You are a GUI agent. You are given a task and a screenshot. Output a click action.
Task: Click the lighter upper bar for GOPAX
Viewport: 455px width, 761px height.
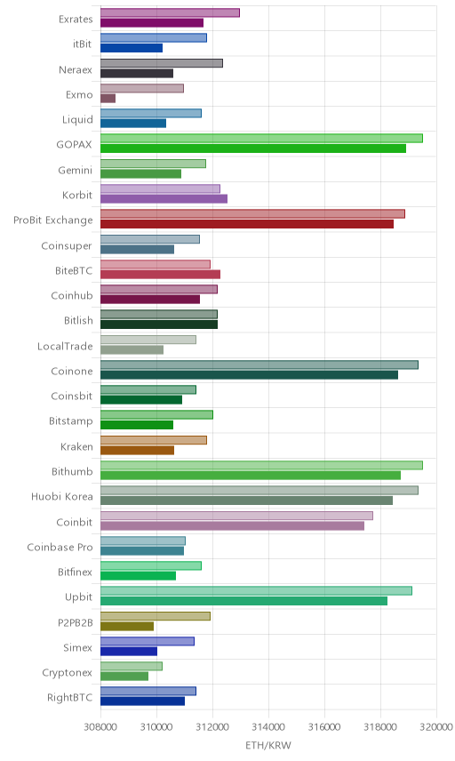(261, 139)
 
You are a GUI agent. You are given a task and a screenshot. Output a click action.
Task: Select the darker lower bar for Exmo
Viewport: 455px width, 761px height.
(108, 99)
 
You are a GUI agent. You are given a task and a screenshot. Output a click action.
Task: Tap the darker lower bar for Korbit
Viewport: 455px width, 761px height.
(164, 199)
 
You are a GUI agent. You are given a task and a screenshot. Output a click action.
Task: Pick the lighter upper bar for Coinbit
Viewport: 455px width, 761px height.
(236, 516)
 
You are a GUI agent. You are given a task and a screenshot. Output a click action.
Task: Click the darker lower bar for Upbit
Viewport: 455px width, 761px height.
(244, 601)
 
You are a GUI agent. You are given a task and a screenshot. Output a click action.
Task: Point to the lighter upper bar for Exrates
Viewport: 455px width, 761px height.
(171, 12)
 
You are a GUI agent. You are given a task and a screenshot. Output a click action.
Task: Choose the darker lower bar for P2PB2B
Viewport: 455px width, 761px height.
(127, 627)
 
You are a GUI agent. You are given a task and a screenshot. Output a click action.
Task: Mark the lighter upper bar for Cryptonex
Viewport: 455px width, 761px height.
(132, 667)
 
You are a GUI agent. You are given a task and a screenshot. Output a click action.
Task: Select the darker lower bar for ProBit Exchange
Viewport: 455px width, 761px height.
(247, 224)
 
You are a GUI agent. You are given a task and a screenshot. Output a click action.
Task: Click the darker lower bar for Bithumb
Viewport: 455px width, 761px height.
(251, 476)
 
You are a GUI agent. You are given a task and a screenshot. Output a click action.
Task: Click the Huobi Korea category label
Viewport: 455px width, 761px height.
(61, 496)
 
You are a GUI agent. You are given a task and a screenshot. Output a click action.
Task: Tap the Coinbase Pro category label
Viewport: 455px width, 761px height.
(60, 547)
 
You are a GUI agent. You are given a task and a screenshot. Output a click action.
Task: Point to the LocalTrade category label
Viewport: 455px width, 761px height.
(65, 346)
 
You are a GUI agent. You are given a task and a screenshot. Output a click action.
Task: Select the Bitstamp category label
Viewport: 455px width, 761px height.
(71, 421)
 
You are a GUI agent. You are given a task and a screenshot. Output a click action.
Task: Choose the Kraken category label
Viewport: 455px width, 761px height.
(76, 446)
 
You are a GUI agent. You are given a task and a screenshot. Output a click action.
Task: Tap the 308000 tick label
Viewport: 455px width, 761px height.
(101, 727)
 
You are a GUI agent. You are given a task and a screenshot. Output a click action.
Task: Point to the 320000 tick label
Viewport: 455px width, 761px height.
(436, 727)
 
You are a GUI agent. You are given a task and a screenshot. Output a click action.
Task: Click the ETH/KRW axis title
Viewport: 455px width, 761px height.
(268, 746)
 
